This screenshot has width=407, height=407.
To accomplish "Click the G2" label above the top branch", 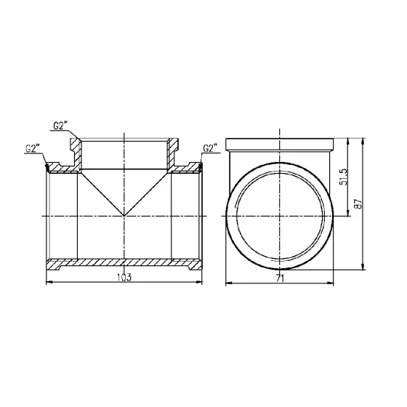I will point(61,126).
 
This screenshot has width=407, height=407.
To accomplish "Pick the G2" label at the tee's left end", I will point(33,149).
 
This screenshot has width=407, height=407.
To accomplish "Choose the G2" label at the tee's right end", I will point(211,149).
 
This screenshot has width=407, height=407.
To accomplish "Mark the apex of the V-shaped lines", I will point(125,217).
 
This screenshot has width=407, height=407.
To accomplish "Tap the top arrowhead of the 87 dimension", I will point(363,139).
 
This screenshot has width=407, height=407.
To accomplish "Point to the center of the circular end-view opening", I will point(280,217).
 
